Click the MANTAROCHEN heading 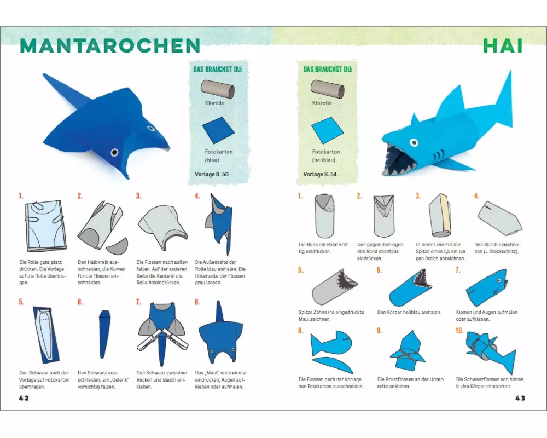click(110, 45)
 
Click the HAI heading click(503, 45)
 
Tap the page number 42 click(24, 398)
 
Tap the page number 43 click(520, 398)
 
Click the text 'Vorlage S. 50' click(211, 174)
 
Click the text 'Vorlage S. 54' click(320, 174)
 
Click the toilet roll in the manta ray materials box click(218, 89)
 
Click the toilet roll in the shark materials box click(327, 89)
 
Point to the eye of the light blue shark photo click(414, 142)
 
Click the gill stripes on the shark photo click(439, 154)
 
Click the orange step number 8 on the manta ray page click(197, 302)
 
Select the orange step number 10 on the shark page click(459, 331)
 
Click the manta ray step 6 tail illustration click(103, 334)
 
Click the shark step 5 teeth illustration click(334, 287)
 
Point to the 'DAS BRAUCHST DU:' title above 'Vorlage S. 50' click(218, 69)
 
